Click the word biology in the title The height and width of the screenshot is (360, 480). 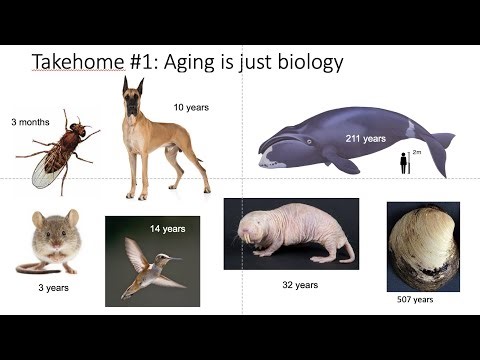point(308,63)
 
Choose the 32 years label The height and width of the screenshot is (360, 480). point(299,285)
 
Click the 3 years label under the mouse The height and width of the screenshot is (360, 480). point(53,288)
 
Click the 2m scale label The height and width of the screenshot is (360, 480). point(417,153)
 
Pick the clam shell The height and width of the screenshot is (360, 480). point(423,246)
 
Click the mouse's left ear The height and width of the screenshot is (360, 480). point(39,219)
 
